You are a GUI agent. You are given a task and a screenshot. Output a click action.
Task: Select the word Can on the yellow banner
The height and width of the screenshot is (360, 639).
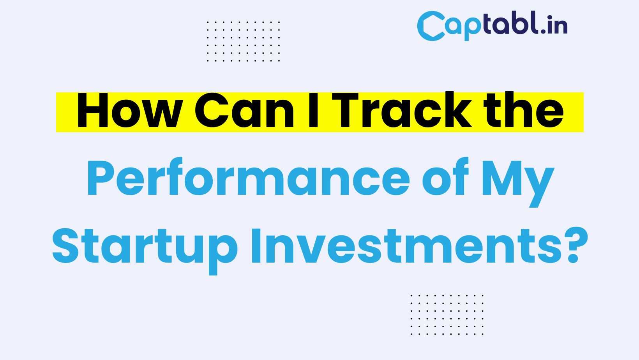coord(244,110)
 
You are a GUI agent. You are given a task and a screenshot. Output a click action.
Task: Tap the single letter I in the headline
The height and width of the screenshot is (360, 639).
coord(313,110)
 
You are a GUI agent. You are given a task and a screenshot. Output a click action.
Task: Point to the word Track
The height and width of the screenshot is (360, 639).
coord(402,110)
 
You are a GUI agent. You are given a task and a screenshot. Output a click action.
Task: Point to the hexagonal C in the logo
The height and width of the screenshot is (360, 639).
coord(431,26)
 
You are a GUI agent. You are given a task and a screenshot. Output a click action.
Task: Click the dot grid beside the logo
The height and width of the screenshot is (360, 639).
coord(243,41)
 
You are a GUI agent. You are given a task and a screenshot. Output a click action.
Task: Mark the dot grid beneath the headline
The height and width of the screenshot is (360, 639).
coord(447,315)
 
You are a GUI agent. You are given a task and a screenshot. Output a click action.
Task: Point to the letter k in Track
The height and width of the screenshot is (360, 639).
coord(457,110)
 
